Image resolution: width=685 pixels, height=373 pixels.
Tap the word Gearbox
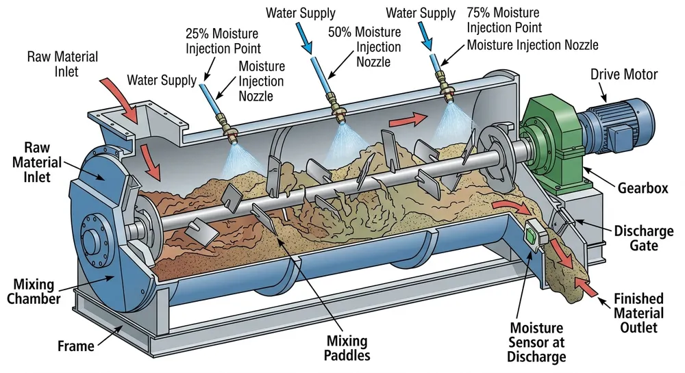643,188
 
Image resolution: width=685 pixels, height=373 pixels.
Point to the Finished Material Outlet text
638,313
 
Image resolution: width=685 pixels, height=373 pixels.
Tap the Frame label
75,346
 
